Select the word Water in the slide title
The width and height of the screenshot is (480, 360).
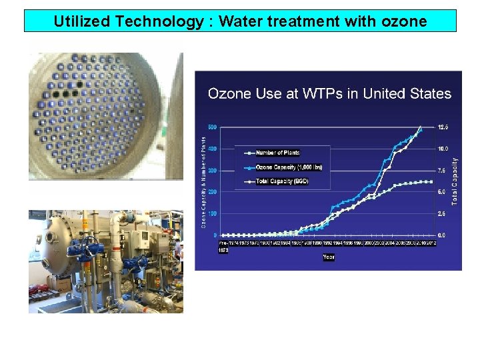240,21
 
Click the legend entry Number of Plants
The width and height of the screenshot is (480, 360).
278,153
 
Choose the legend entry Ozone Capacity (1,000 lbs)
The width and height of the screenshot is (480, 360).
289,167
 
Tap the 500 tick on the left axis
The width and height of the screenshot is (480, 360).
213,127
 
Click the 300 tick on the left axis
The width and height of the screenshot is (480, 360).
213,171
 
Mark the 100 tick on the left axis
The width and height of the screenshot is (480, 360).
213,214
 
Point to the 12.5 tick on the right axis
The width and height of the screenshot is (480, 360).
442,127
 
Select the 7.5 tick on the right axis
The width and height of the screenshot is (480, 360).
442,171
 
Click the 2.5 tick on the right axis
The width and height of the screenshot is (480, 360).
442,214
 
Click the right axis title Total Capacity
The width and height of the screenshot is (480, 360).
455,181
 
